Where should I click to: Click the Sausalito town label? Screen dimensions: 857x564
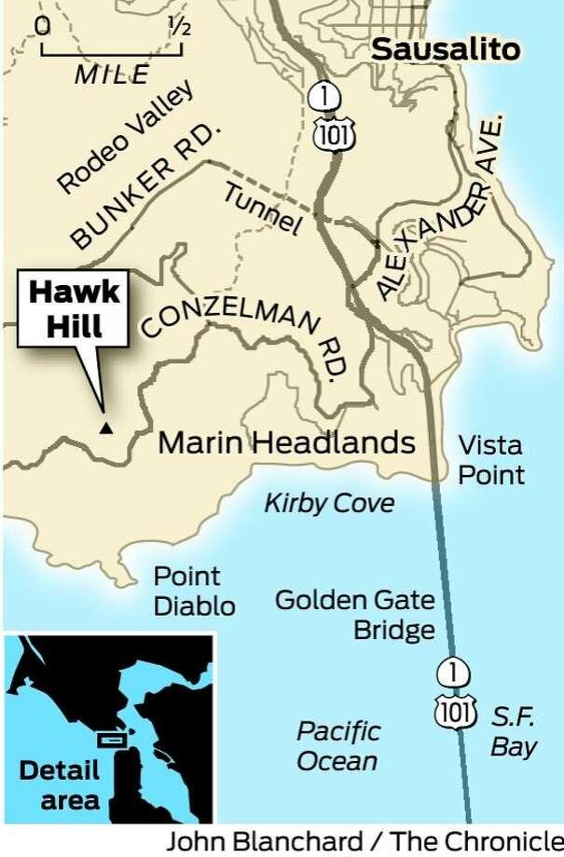(x=446, y=49)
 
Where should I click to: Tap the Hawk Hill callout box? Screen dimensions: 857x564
(x=74, y=309)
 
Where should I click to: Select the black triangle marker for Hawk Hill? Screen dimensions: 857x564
(x=106, y=428)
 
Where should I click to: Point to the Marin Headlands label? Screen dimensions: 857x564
(x=286, y=442)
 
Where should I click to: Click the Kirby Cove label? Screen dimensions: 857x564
(x=329, y=504)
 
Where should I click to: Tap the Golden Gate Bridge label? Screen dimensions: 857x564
(x=354, y=615)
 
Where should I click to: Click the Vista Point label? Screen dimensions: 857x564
(x=490, y=460)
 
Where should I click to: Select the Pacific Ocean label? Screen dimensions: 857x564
(x=337, y=745)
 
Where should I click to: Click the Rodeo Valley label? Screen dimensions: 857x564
(x=126, y=137)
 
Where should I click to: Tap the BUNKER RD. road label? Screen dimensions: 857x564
(x=149, y=186)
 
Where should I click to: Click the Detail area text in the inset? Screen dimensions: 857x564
(x=58, y=784)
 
